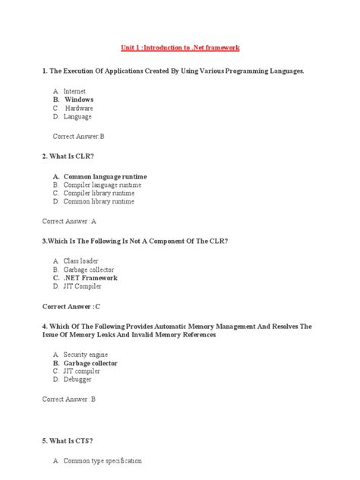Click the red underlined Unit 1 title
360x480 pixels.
[181, 47]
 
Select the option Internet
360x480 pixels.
[75, 91]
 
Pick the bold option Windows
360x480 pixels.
[78, 99]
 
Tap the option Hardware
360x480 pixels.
[78, 108]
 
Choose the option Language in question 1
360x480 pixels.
[77, 117]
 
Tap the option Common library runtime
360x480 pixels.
[99, 202]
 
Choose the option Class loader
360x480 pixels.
[81, 261]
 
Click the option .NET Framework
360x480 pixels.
[90, 278]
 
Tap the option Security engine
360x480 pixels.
[85, 355]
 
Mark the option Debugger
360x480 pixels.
[77, 380]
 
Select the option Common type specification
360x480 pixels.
[103, 461]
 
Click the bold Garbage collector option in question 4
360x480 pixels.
[90, 363]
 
